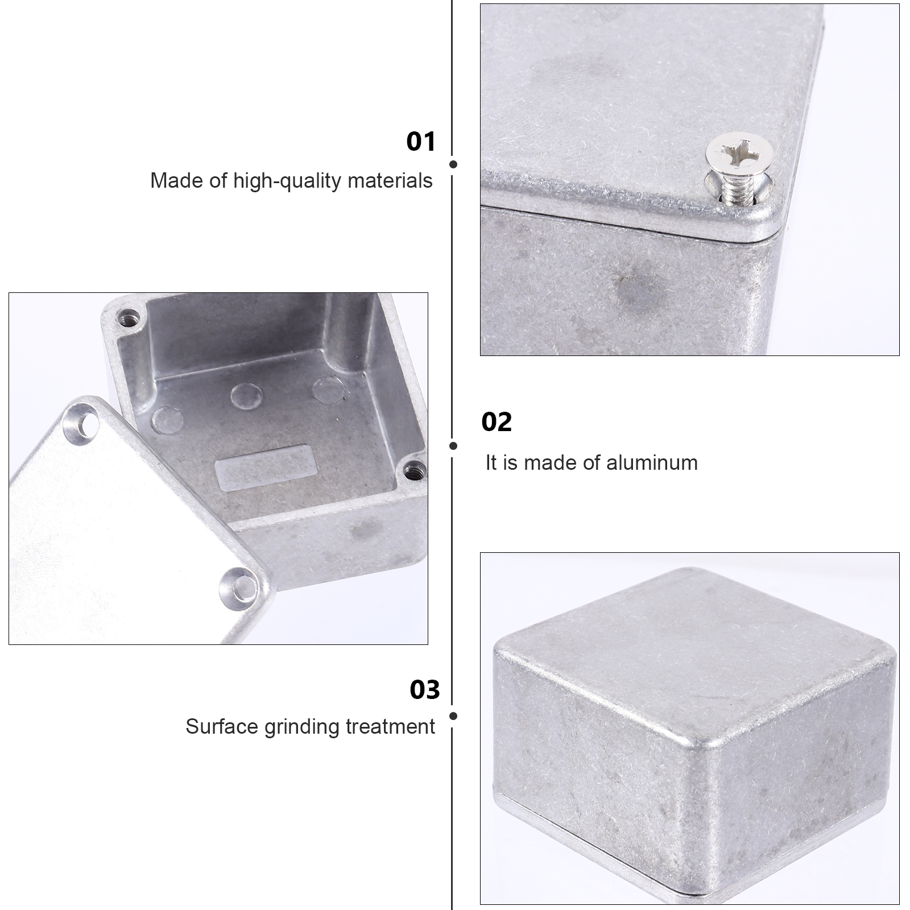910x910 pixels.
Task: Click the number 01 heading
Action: tap(421, 142)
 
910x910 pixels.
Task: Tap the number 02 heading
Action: tap(497, 423)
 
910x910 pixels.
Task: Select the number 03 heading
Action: tap(425, 690)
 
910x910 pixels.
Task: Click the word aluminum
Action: tap(652, 463)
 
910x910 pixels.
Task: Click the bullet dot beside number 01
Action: tap(453, 164)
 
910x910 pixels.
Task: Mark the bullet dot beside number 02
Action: tap(453, 446)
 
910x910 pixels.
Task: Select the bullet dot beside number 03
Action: tap(453, 717)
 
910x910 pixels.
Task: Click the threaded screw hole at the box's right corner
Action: tap(415, 470)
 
